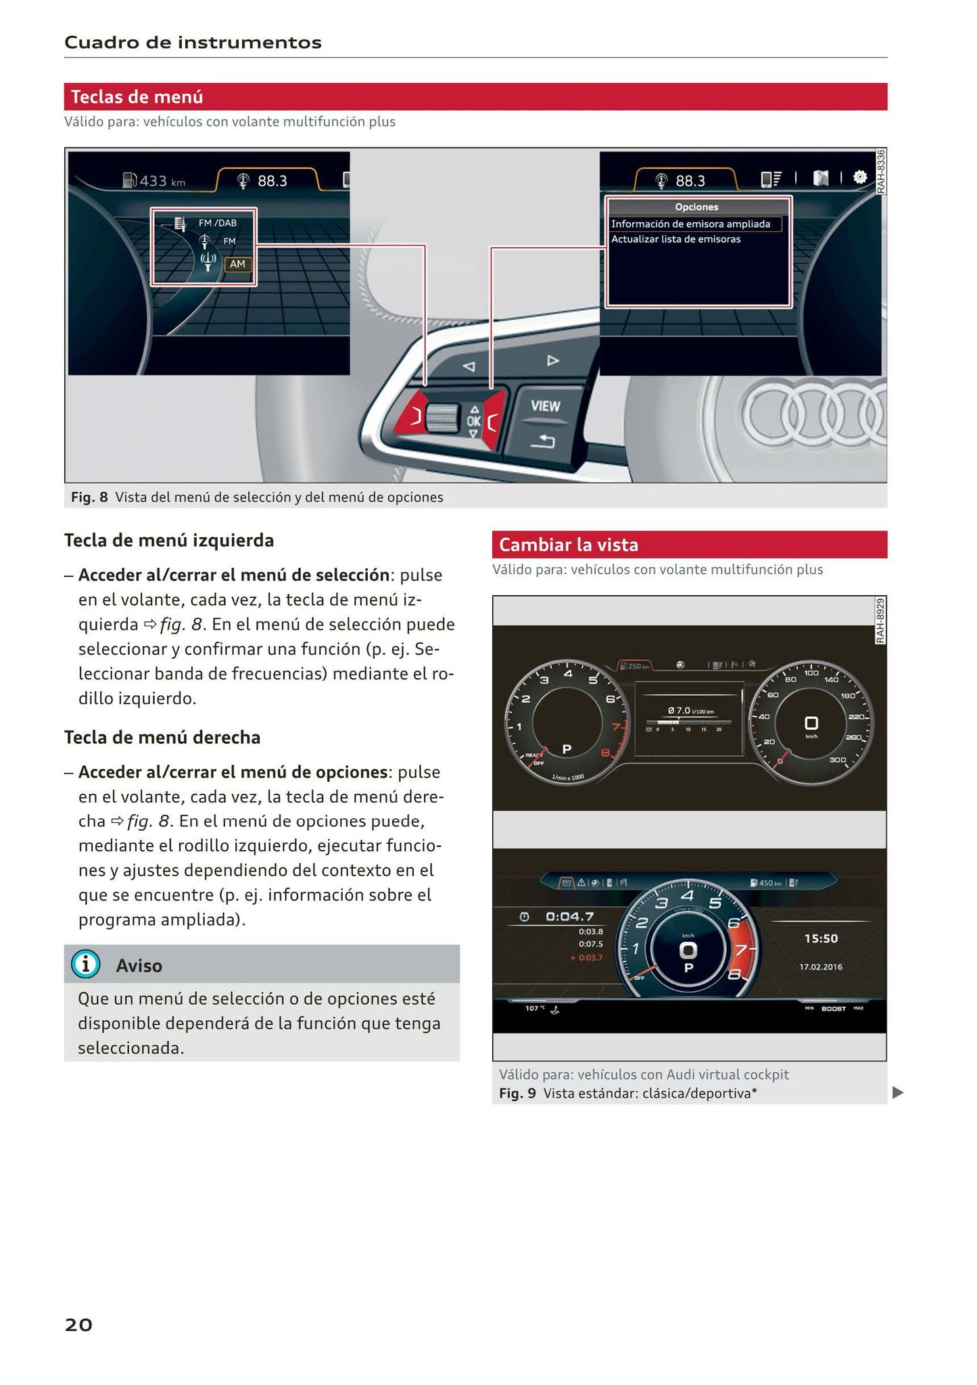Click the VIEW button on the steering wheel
(545, 406)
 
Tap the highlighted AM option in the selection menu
(237, 264)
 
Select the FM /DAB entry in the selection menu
(217, 223)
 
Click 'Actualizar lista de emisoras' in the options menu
(675, 239)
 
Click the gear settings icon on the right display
(859, 178)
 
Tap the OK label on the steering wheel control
(473, 422)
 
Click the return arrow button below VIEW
(542, 441)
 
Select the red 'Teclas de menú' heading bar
(475, 97)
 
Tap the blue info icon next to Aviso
(86, 964)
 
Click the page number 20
(78, 1325)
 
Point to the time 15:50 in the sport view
(820, 938)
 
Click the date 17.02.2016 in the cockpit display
(820, 967)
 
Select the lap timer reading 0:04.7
(569, 917)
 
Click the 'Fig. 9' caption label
(517, 1093)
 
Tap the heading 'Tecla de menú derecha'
(162, 737)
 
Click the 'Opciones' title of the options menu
(696, 207)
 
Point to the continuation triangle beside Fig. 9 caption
(897, 1092)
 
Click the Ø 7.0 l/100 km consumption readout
(690, 711)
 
